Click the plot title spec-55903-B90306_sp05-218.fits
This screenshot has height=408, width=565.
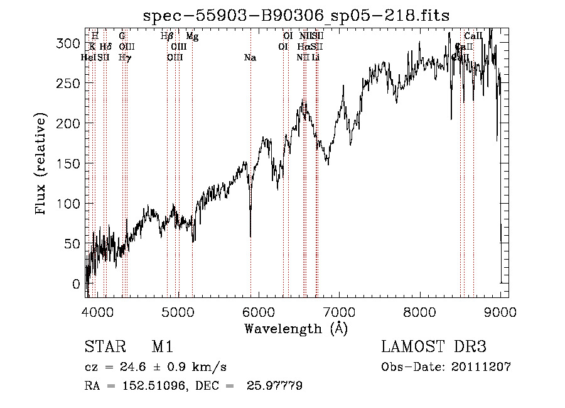point(296,15)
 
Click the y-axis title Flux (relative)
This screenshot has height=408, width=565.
point(42,163)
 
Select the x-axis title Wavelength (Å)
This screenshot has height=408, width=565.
point(296,328)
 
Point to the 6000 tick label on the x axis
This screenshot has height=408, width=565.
point(259,311)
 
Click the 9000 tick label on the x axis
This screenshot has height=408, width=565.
point(500,311)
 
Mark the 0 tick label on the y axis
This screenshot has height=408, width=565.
point(77,284)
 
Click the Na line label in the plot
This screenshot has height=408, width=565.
point(250,58)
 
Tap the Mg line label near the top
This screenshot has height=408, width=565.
point(192,36)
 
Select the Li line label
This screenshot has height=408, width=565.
point(316,58)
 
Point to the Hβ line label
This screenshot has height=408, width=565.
point(167,36)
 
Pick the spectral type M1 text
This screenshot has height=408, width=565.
point(162,347)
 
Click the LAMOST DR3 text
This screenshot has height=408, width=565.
point(434,347)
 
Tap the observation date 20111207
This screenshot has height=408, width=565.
point(480,367)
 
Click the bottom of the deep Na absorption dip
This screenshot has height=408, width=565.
point(250,236)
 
